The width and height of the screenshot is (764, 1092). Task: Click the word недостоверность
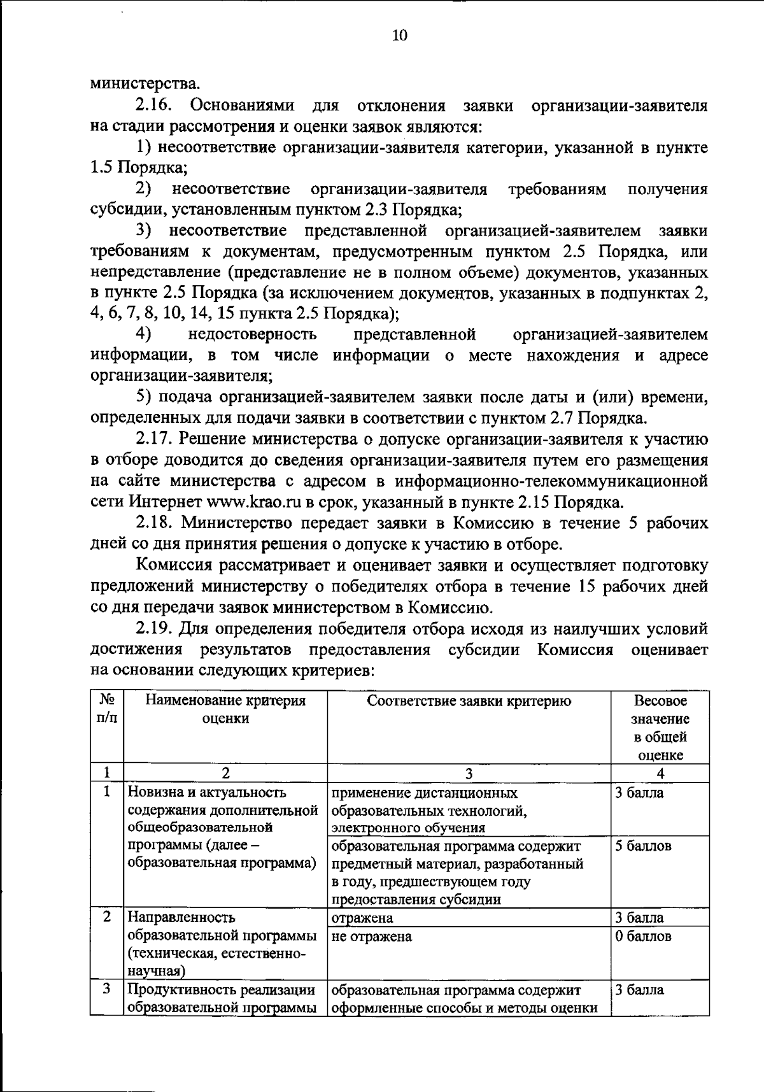pos(252,334)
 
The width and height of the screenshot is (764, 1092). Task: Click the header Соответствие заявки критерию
pos(469,702)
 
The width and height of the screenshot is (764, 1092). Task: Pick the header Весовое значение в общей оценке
pos(660,728)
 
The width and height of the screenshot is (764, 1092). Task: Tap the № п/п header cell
pos(107,709)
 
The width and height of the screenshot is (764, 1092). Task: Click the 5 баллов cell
pos(643,846)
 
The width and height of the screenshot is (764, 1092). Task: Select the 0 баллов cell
pos(643,937)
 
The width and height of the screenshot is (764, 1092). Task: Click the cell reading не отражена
pos(372,937)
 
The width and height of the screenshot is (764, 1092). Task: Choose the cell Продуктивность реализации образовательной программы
pos(222,998)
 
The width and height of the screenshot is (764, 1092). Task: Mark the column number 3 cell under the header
pos(469,774)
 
